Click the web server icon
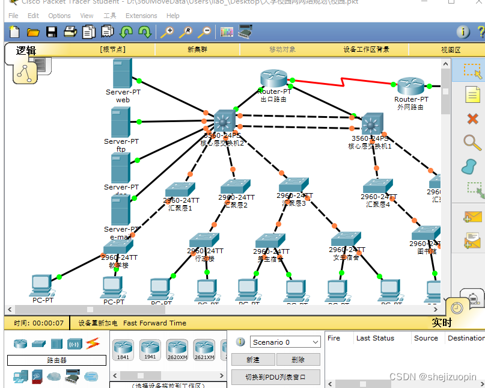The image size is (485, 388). point(122,73)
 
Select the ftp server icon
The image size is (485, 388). point(120,122)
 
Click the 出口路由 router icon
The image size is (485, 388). point(274,79)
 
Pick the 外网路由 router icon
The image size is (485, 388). point(410,86)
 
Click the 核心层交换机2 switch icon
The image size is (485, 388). point(224,121)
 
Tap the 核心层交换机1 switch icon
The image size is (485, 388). point(371,123)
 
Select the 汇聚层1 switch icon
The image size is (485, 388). point(180,189)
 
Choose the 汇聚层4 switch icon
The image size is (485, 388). point(378,186)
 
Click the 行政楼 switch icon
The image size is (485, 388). point(204,240)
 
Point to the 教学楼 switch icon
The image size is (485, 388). point(118,247)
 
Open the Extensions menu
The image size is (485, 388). point(141,16)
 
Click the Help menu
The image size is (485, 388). point(173,16)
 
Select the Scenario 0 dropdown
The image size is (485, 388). point(285,342)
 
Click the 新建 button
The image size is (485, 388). point(253,360)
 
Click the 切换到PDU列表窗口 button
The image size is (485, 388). point(275,377)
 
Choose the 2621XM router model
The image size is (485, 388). point(204,350)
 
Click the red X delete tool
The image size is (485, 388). point(472,119)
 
